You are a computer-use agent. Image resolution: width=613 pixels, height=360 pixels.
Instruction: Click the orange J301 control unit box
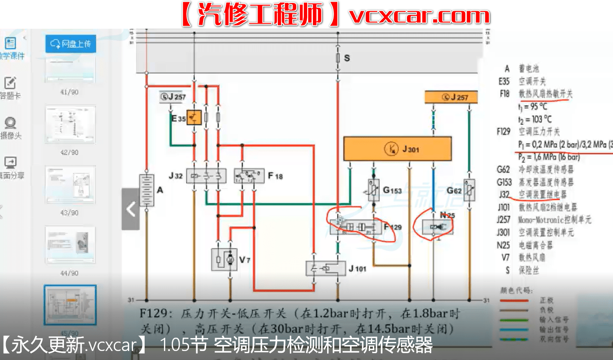397,149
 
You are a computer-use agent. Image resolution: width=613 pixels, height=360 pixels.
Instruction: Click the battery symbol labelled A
146,191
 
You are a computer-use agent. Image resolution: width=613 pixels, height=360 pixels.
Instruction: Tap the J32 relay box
206,175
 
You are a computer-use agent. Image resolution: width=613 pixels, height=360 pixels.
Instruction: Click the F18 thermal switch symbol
249,175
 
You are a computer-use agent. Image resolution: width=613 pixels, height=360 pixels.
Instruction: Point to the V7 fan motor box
224,259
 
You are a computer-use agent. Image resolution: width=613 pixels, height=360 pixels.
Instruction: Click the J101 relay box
325,269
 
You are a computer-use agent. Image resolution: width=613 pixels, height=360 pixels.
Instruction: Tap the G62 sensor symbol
469,190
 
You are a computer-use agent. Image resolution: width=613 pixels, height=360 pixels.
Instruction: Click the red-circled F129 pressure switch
355,227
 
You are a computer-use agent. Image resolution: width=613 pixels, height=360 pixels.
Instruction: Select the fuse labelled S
337,57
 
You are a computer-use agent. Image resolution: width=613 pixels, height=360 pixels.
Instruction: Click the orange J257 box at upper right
451,97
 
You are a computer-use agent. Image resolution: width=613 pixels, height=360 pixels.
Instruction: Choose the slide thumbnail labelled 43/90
70,185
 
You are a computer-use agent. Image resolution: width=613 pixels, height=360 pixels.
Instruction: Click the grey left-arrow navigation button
130,209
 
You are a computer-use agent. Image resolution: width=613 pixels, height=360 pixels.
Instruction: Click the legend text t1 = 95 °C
532,106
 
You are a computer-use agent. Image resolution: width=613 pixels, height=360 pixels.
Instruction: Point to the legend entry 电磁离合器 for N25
535,245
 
